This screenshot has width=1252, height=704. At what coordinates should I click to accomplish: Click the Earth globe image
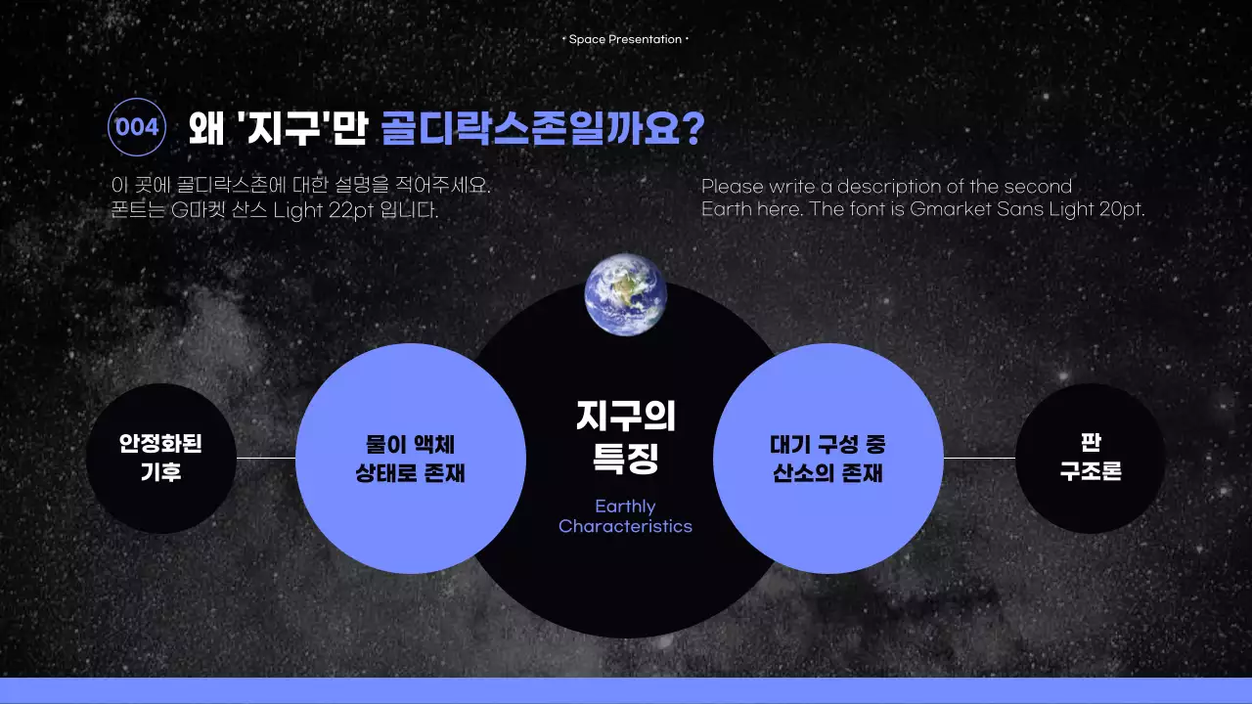(626, 294)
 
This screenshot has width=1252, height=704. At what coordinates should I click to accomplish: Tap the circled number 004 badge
(137, 128)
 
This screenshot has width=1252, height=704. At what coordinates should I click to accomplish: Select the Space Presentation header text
(625, 39)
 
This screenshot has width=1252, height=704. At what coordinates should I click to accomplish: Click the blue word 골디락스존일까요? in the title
(542, 128)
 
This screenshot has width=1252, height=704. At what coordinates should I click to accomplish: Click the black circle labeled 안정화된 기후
(161, 458)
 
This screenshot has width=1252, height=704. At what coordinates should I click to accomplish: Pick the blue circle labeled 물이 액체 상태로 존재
(411, 458)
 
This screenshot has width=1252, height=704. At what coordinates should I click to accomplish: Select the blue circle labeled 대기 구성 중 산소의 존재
(827, 458)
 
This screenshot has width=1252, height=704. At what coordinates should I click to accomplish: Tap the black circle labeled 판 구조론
(1090, 458)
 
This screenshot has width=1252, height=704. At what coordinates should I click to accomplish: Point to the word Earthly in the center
(625, 506)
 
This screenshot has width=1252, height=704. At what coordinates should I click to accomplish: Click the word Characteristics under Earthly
(625, 527)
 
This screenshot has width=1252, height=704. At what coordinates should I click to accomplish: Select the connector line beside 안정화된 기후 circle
(266, 458)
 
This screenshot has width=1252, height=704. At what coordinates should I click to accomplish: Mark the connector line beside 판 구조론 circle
(979, 458)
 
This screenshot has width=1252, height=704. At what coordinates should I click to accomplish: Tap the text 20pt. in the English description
(1119, 209)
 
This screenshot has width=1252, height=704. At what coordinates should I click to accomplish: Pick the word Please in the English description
(733, 187)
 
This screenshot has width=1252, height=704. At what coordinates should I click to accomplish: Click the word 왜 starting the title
(206, 128)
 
